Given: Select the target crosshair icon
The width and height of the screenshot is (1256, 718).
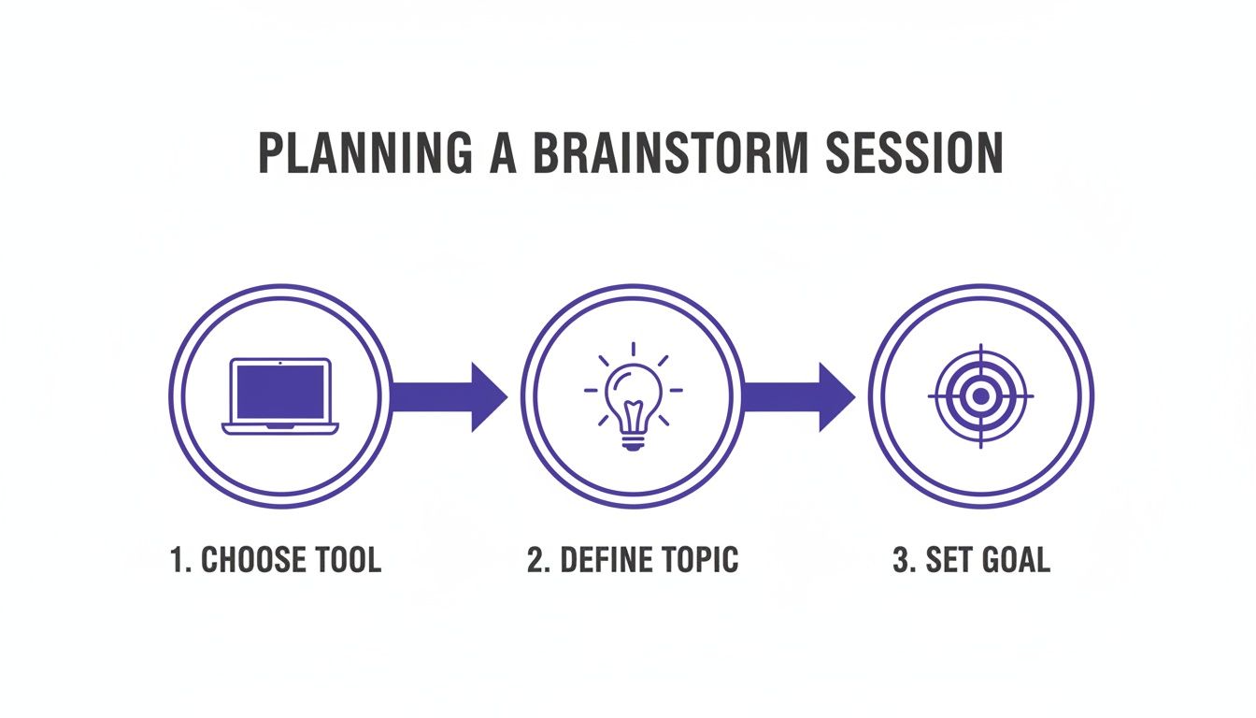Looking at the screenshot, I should pos(980,396).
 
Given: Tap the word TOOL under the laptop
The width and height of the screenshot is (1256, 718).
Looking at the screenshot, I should pos(346,560).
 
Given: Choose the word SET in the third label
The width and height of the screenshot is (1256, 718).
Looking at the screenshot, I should pos(947,560).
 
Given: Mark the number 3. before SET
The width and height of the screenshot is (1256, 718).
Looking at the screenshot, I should pos(903,560).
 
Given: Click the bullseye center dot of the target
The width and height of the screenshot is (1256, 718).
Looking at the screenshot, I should pos(980,396).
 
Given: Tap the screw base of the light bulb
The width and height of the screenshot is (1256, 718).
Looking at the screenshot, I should pos(634,442).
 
